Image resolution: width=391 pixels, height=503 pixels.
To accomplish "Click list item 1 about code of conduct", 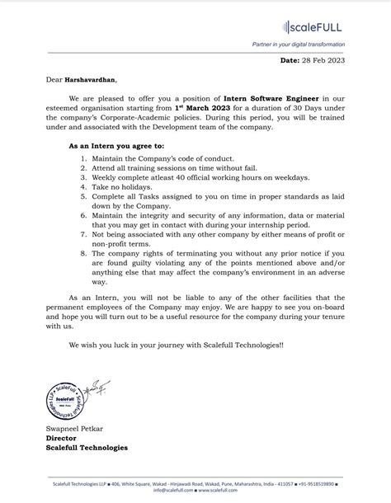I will [163, 157].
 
